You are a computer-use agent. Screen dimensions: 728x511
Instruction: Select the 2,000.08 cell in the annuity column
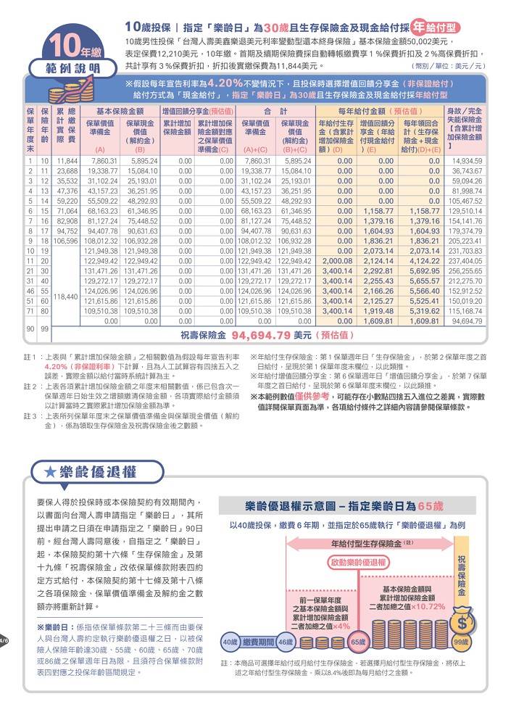pyautogui.click(x=336, y=260)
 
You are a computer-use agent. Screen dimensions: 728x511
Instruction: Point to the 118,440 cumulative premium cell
pyautogui.click(x=67, y=296)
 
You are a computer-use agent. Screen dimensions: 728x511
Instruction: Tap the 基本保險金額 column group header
pyautogui.click(x=120, y=111)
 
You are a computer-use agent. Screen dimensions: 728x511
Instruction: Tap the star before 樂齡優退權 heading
pyautogui.click(x=51, y=471)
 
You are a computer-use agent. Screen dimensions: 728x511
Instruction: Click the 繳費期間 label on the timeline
pyautogui.click(x=257, y=642)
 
